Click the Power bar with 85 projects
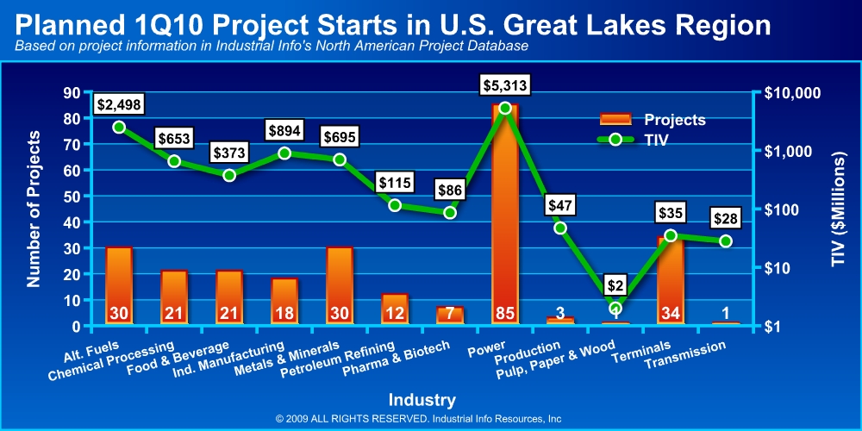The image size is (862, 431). coord(505,215)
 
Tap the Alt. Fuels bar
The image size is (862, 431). coord(119,284)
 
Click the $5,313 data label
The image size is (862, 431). coord(505,85)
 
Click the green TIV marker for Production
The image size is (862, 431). coord(560,228)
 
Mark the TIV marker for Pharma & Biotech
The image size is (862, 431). coord(450,212)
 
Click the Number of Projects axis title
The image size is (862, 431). coord(34,209)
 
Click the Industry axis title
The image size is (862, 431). coord(422,400)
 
